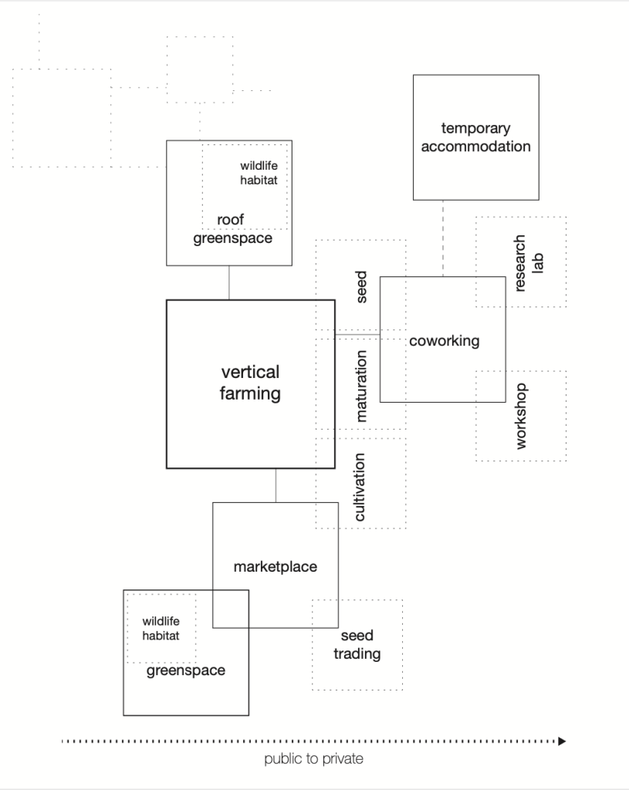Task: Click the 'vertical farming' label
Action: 250,383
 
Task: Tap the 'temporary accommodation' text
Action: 475,137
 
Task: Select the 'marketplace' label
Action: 275,567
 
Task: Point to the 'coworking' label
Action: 444,340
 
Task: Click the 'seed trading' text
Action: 357,645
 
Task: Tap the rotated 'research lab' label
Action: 529,262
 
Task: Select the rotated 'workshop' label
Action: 521,416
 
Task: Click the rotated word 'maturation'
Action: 361,385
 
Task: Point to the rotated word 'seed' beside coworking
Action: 361,286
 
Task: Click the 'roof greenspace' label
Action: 232,229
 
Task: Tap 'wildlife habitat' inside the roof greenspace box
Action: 259,173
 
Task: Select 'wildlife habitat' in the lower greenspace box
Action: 161,629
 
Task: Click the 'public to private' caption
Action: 313,759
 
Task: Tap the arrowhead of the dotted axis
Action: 562,741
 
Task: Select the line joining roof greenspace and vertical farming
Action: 229,282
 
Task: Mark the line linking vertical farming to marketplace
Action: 276,485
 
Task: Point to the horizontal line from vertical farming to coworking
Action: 357,333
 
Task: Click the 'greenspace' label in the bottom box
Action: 186,670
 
